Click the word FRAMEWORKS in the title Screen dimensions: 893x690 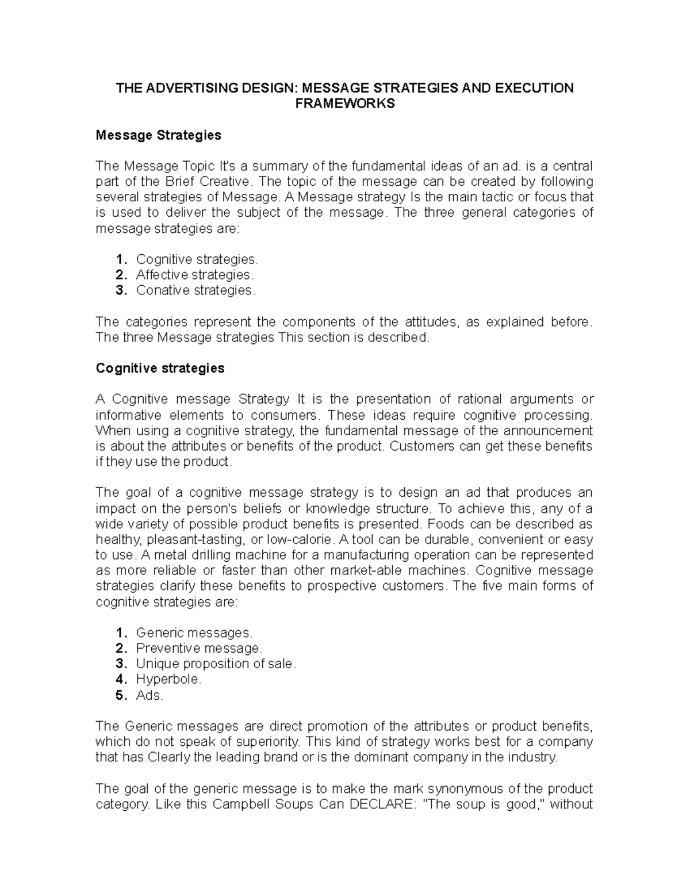click(344, 104)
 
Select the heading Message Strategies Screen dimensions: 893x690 click(158, 135)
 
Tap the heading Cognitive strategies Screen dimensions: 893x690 click(160, 368)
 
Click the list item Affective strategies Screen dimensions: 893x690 click(194, 275)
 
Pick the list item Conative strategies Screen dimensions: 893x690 click(195, 290)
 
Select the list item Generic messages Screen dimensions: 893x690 click(194, 633)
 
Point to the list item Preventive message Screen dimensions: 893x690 click(199, 649)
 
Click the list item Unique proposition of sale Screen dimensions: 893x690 click(216, 664)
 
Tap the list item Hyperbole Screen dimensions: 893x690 click(168, 680)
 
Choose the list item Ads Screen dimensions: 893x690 click(149, 695)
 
